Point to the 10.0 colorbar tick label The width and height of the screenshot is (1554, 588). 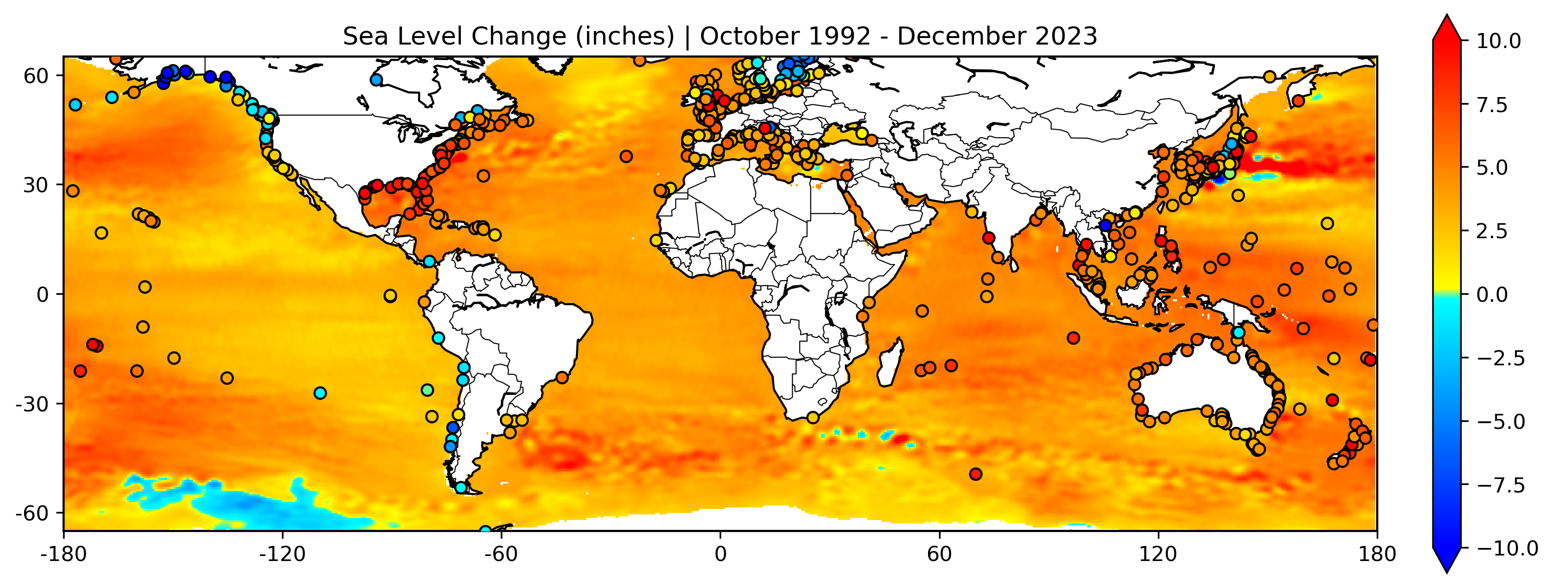point(1498,42)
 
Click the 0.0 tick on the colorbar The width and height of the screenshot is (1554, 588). point(1491,294)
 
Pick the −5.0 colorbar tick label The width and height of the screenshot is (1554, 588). point(1501,421)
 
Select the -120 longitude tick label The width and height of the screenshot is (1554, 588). point(282,553)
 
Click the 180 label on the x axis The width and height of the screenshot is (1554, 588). point(1377,553)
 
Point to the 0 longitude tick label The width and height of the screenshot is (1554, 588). point(720,553)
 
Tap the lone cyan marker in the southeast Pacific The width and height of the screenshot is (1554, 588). point(321,393)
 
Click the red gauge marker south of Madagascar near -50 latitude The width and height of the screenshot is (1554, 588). point(976,474)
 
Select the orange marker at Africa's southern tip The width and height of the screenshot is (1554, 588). point(813,417)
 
